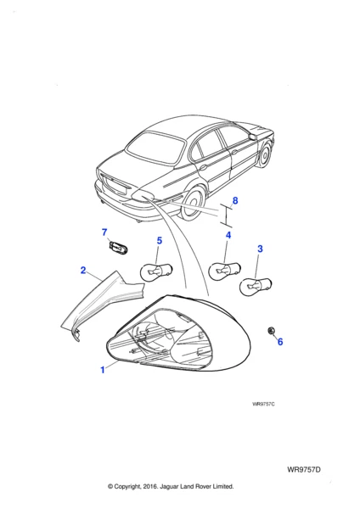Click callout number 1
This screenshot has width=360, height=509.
click(103, 370)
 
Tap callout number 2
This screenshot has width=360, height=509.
click(83, 270)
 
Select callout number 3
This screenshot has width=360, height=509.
click(260, 249)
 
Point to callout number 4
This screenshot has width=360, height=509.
click(228, 235)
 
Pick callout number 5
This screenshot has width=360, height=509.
click(160, 241)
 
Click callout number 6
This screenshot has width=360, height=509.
click(280, 342)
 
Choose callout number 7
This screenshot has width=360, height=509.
click(104, 232)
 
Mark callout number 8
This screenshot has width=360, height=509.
click(235, 200)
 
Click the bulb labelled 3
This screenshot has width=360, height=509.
click(256, 286)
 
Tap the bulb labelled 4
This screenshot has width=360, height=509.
click(224, 270)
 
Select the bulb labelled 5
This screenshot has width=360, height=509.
click(156, 272)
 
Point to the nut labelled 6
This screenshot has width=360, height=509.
click(270, 331)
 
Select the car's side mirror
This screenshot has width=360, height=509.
click(253, 136)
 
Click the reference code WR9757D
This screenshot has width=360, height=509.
click(304, 470)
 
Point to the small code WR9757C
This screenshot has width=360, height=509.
click(263, 404)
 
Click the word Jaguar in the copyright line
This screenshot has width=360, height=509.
click(171, 486)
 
